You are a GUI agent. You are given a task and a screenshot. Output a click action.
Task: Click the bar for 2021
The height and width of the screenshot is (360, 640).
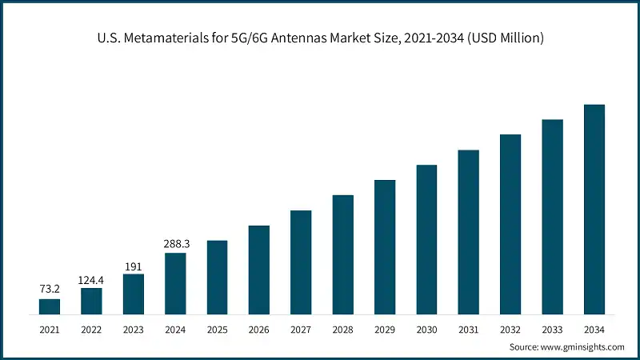(50, 306)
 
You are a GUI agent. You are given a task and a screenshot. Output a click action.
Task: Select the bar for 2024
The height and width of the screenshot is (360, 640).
(175, 283)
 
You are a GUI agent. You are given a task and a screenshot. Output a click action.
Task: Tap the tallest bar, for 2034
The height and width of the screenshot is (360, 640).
(594, 210)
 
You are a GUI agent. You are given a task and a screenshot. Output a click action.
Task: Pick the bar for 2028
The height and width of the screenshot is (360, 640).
(342, 254)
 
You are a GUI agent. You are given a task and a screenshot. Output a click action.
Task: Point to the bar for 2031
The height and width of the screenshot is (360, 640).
(468, 232)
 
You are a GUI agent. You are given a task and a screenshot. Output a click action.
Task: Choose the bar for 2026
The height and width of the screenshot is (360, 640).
(259, 270)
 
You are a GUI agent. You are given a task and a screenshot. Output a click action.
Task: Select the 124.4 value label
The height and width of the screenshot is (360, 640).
(91, 279)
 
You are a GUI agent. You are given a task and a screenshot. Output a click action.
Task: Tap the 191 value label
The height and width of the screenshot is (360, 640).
(133, 266)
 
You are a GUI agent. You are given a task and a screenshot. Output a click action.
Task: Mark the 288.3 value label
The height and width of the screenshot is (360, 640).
(175, 244)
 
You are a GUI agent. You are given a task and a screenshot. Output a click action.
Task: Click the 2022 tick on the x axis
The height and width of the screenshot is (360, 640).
(91, 329)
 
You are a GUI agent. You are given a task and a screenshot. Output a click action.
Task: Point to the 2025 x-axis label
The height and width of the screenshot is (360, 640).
(217, 329)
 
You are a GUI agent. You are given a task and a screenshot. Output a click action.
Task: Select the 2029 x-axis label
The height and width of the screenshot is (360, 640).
(385, 329)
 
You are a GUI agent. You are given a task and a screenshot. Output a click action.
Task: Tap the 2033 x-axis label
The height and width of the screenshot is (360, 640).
(552, 329)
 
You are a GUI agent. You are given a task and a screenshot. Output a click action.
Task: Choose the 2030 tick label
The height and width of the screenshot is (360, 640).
(426, 329)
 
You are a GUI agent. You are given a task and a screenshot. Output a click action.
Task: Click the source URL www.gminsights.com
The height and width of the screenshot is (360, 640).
(582, 347)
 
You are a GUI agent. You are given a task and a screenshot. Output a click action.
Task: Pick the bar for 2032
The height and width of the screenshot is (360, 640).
(510, 224)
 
